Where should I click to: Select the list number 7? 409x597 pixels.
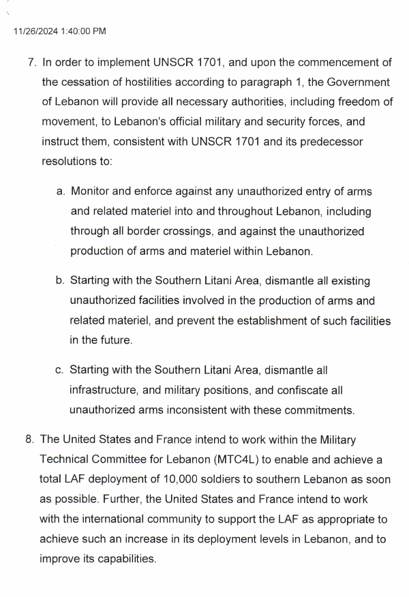[x=31, y=63]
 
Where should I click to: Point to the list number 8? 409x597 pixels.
[x=30, y=440]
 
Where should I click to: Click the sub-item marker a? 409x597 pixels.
[x=60, y=192]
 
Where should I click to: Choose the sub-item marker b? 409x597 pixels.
[x=60, y=281]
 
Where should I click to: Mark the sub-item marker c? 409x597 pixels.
[x=60, y=371]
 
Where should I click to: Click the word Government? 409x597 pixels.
[x=359, y=82]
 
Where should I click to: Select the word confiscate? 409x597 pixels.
[x=302, y=391]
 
